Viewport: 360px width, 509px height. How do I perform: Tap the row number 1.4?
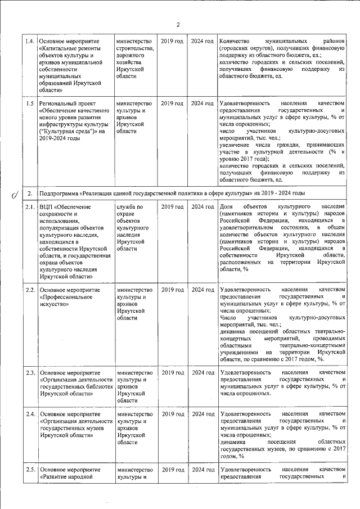tap(30, 42)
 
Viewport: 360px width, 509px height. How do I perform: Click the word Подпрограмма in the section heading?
tap(62, 193)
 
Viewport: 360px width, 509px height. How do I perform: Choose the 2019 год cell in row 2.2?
tap(172, 290)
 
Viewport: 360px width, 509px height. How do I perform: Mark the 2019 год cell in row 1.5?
tap(172, 103)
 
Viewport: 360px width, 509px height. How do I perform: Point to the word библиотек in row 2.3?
tap(94, 386)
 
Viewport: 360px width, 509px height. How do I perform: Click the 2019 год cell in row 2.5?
tap(172, 470)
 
